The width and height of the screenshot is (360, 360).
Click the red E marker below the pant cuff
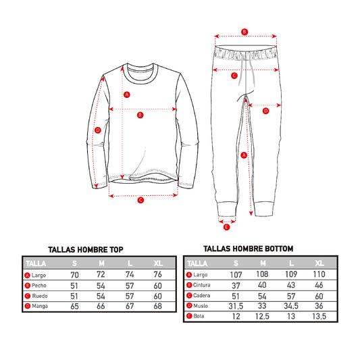(226, 228)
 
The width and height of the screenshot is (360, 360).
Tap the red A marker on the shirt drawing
(127, 95)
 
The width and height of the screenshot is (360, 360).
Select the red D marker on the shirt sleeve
(98, 130)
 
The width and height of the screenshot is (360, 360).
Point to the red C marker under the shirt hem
(140, 200)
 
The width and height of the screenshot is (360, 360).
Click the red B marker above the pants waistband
(245, 32)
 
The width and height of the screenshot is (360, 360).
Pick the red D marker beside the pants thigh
(265, 111)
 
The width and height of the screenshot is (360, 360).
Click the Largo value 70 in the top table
(74, 275)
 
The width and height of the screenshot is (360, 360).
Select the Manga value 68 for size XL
(158, 306)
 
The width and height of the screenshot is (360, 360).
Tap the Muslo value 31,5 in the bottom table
(236, 306)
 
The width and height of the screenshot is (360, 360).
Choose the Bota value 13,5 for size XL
(319, 316)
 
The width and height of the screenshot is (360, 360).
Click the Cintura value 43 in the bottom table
(291, 285)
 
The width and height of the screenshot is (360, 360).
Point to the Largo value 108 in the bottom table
(262, 274)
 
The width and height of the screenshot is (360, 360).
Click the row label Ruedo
(40, 296)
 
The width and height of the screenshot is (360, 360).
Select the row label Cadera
(201, 295)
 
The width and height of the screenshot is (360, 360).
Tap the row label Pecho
(39, 286)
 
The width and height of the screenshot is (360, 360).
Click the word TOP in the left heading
(116, 249)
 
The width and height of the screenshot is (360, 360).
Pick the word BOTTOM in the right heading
(279, 249)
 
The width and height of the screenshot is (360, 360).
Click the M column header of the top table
(101, 263)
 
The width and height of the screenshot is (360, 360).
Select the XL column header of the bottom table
(319, 263)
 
